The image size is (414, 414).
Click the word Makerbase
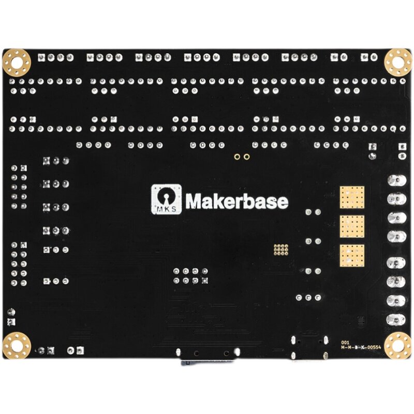coord(236,201)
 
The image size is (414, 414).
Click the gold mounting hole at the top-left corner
coord(17,62)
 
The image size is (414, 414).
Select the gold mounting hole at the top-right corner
coord(397,62)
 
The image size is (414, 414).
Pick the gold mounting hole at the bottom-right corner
coord(397,345)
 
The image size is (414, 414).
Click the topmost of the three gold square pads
coord(352,197)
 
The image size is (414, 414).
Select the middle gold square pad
coord(352,226)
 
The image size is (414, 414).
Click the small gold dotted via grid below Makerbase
coord(281,250)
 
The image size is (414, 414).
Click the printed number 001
coord(345,343)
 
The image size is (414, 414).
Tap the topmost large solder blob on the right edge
coord(396,181)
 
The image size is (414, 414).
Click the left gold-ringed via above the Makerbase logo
coord(236,156)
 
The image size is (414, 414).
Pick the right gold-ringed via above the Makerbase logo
coord(247,156)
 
